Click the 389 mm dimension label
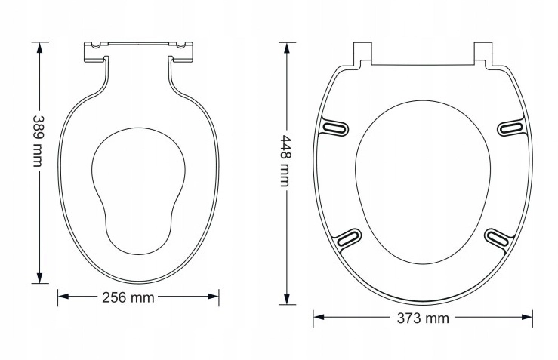38,141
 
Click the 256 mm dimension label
128,297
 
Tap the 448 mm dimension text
285,161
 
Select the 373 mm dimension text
423,318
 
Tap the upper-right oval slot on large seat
510,128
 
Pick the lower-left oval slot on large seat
349,238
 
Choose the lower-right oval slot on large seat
497,238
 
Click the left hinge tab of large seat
362,54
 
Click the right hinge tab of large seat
483,54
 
